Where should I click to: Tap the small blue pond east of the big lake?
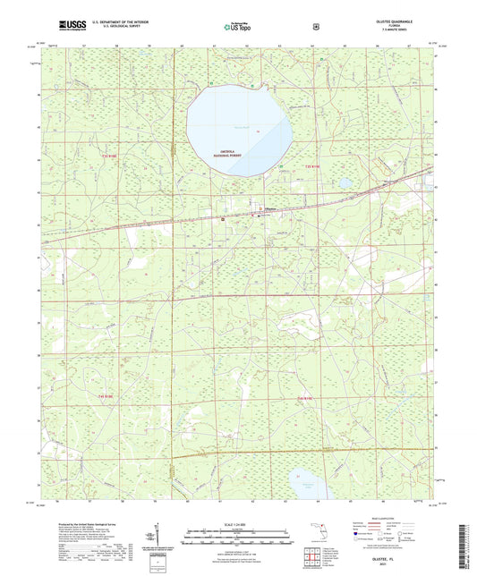point(344,182)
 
